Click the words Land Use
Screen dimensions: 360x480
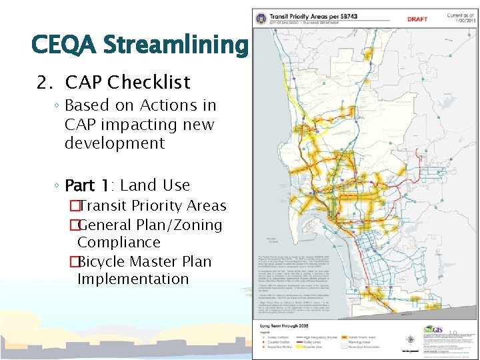click(155, 185)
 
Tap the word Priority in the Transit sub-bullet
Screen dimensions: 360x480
click(160, 206)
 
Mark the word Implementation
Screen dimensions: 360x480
click(133, 279)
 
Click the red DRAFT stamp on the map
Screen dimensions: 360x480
click(417, 19)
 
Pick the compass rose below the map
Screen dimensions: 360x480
click(410, 339)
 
